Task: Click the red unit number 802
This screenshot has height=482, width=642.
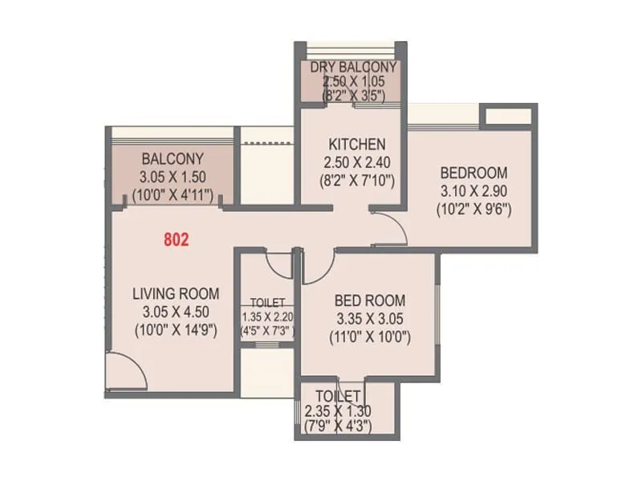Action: pyautogui.click(x=176, y=239)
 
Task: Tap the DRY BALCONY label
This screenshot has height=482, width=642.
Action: pyautogui.click(x=354, y=67)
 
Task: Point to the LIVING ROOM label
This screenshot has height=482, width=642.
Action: pyautogui.click(x=175, y=294)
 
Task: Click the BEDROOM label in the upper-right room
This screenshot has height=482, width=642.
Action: pyautogui.click(x=473, y=173)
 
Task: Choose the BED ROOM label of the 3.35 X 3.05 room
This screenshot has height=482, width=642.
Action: pyautogui.click(x=370, y=300)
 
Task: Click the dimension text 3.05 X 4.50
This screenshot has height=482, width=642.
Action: pyautogui.click(x=175, y=312)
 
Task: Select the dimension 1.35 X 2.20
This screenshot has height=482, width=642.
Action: pyautogui.click(x=268, y=317)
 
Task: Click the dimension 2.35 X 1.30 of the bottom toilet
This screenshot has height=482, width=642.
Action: pyautogui.click(x=338, y=411)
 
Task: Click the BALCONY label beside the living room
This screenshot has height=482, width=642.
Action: pyautogui.click(x=172, y=158)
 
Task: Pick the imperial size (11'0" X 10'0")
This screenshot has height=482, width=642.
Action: pyautogui.click(x=370, y=337)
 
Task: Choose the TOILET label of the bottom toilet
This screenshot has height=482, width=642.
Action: pyautogui.click(x=338, y=396)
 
